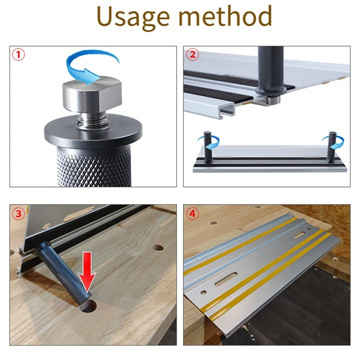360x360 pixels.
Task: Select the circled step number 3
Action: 18,214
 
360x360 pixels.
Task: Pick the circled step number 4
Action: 192,214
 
